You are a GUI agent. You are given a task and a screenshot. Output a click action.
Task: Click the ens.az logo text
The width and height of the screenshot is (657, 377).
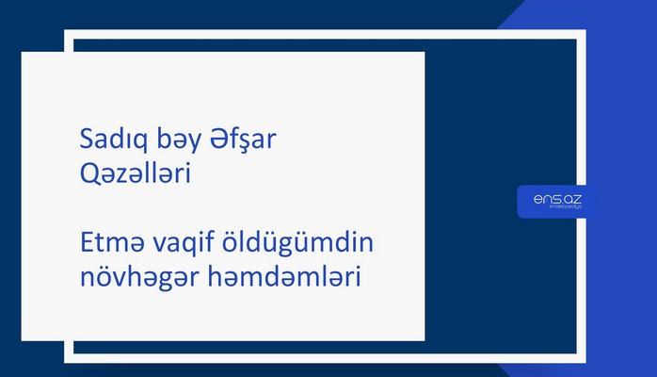pos(553,198)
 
